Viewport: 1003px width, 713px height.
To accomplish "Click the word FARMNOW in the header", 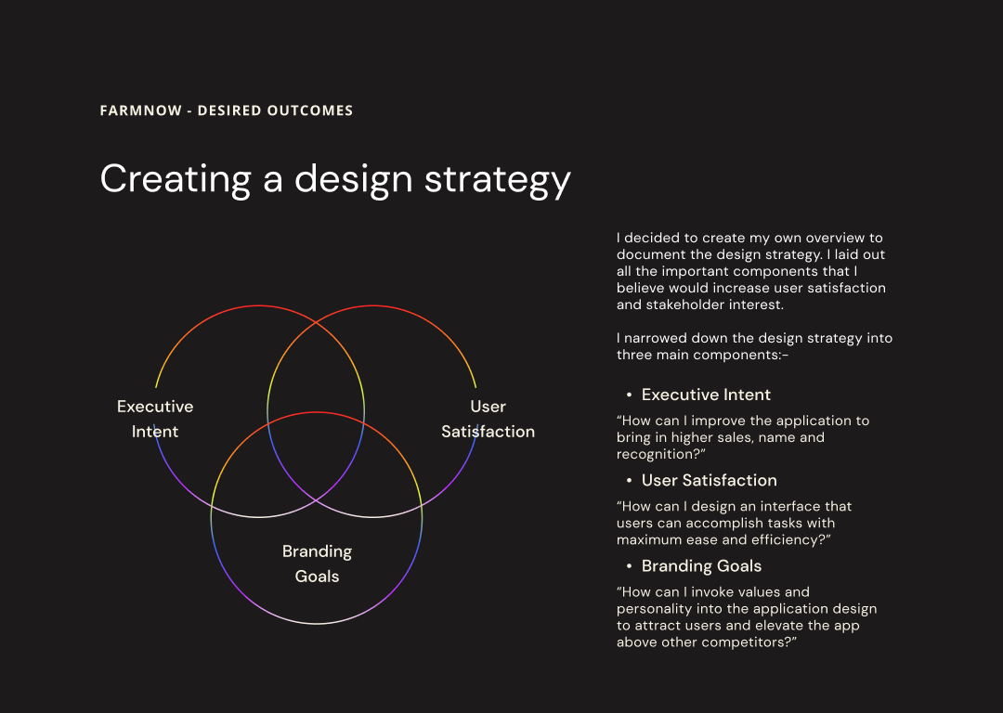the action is tap(141, 110).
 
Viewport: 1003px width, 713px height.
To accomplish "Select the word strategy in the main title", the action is tap(498, 180).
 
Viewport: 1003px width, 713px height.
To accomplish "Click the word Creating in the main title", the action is tap(176, 180).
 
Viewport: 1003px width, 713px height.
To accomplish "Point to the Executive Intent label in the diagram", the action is tap(155, 419).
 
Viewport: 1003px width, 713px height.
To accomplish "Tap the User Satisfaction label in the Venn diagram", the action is tap(488, 419).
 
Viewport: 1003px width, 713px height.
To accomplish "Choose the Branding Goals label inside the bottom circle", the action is tap(317, 564).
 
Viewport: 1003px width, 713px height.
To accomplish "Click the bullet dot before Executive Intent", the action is tap(630, 395).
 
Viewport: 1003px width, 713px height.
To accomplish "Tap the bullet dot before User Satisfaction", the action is tap(630, 481).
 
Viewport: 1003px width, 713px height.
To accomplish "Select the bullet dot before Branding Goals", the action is tap(630, 566).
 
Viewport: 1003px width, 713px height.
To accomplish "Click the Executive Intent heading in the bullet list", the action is tap(706, 395).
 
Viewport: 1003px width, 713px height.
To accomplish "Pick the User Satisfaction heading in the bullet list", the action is tap(710, 480).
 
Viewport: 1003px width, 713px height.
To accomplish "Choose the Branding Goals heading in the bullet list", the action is tap(702, 566).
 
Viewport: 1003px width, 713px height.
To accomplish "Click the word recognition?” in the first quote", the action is tap(661, 454).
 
